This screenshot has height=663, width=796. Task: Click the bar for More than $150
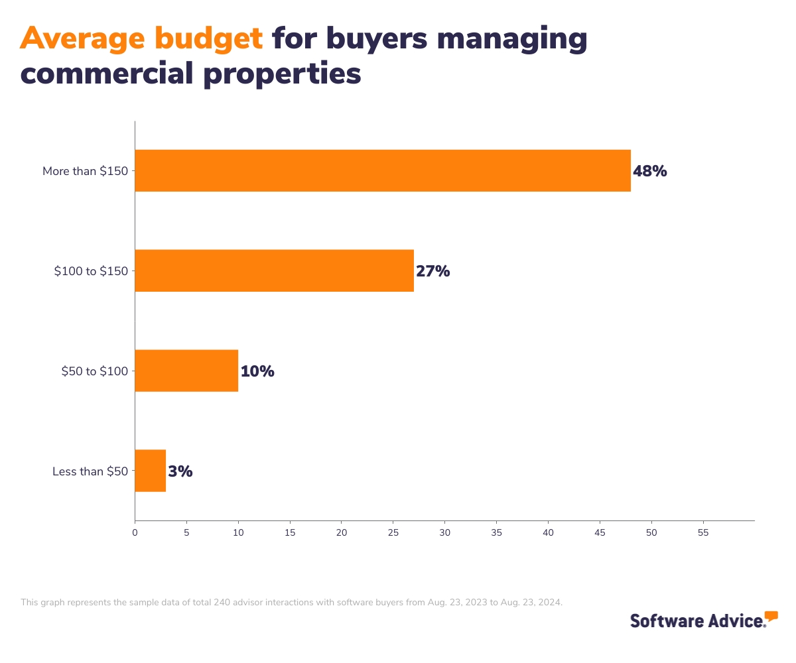click(x=383, y=171)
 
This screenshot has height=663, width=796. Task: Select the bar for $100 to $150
click(x=274, y=271)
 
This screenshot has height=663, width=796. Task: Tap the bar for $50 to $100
click(x=186, y=371)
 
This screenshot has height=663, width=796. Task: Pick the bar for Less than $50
click(x=150, y=471)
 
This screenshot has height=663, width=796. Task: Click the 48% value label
click(x=649, y=171)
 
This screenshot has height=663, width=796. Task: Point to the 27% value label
click(x=432, y=271)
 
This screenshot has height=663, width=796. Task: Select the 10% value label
click(x=257, y=371)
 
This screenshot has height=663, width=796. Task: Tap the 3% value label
click(x=180, y=471)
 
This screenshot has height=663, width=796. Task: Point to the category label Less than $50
click(x=91, y=471)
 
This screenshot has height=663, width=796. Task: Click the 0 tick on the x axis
click(x=135, y=532)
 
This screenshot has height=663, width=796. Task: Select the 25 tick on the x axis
click(x=393, y=532)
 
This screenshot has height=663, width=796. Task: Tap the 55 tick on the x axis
click(x=703, y=532)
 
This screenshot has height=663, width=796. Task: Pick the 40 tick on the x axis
click(x=548, y=532)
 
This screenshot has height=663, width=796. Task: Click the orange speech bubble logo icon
click(x=771, y=617)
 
